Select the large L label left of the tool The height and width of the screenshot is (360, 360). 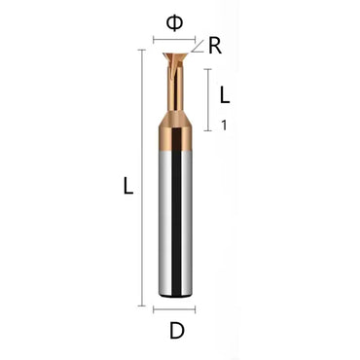[126, 188]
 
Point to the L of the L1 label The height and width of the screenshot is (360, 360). [225, 95]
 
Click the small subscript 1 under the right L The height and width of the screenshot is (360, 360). [225, 125]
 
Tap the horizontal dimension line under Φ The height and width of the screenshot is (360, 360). [176, 41]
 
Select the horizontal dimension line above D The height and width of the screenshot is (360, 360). [176, 309]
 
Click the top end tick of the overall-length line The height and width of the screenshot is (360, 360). [145, 46]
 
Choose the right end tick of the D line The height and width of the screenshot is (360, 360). [198, 309]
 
